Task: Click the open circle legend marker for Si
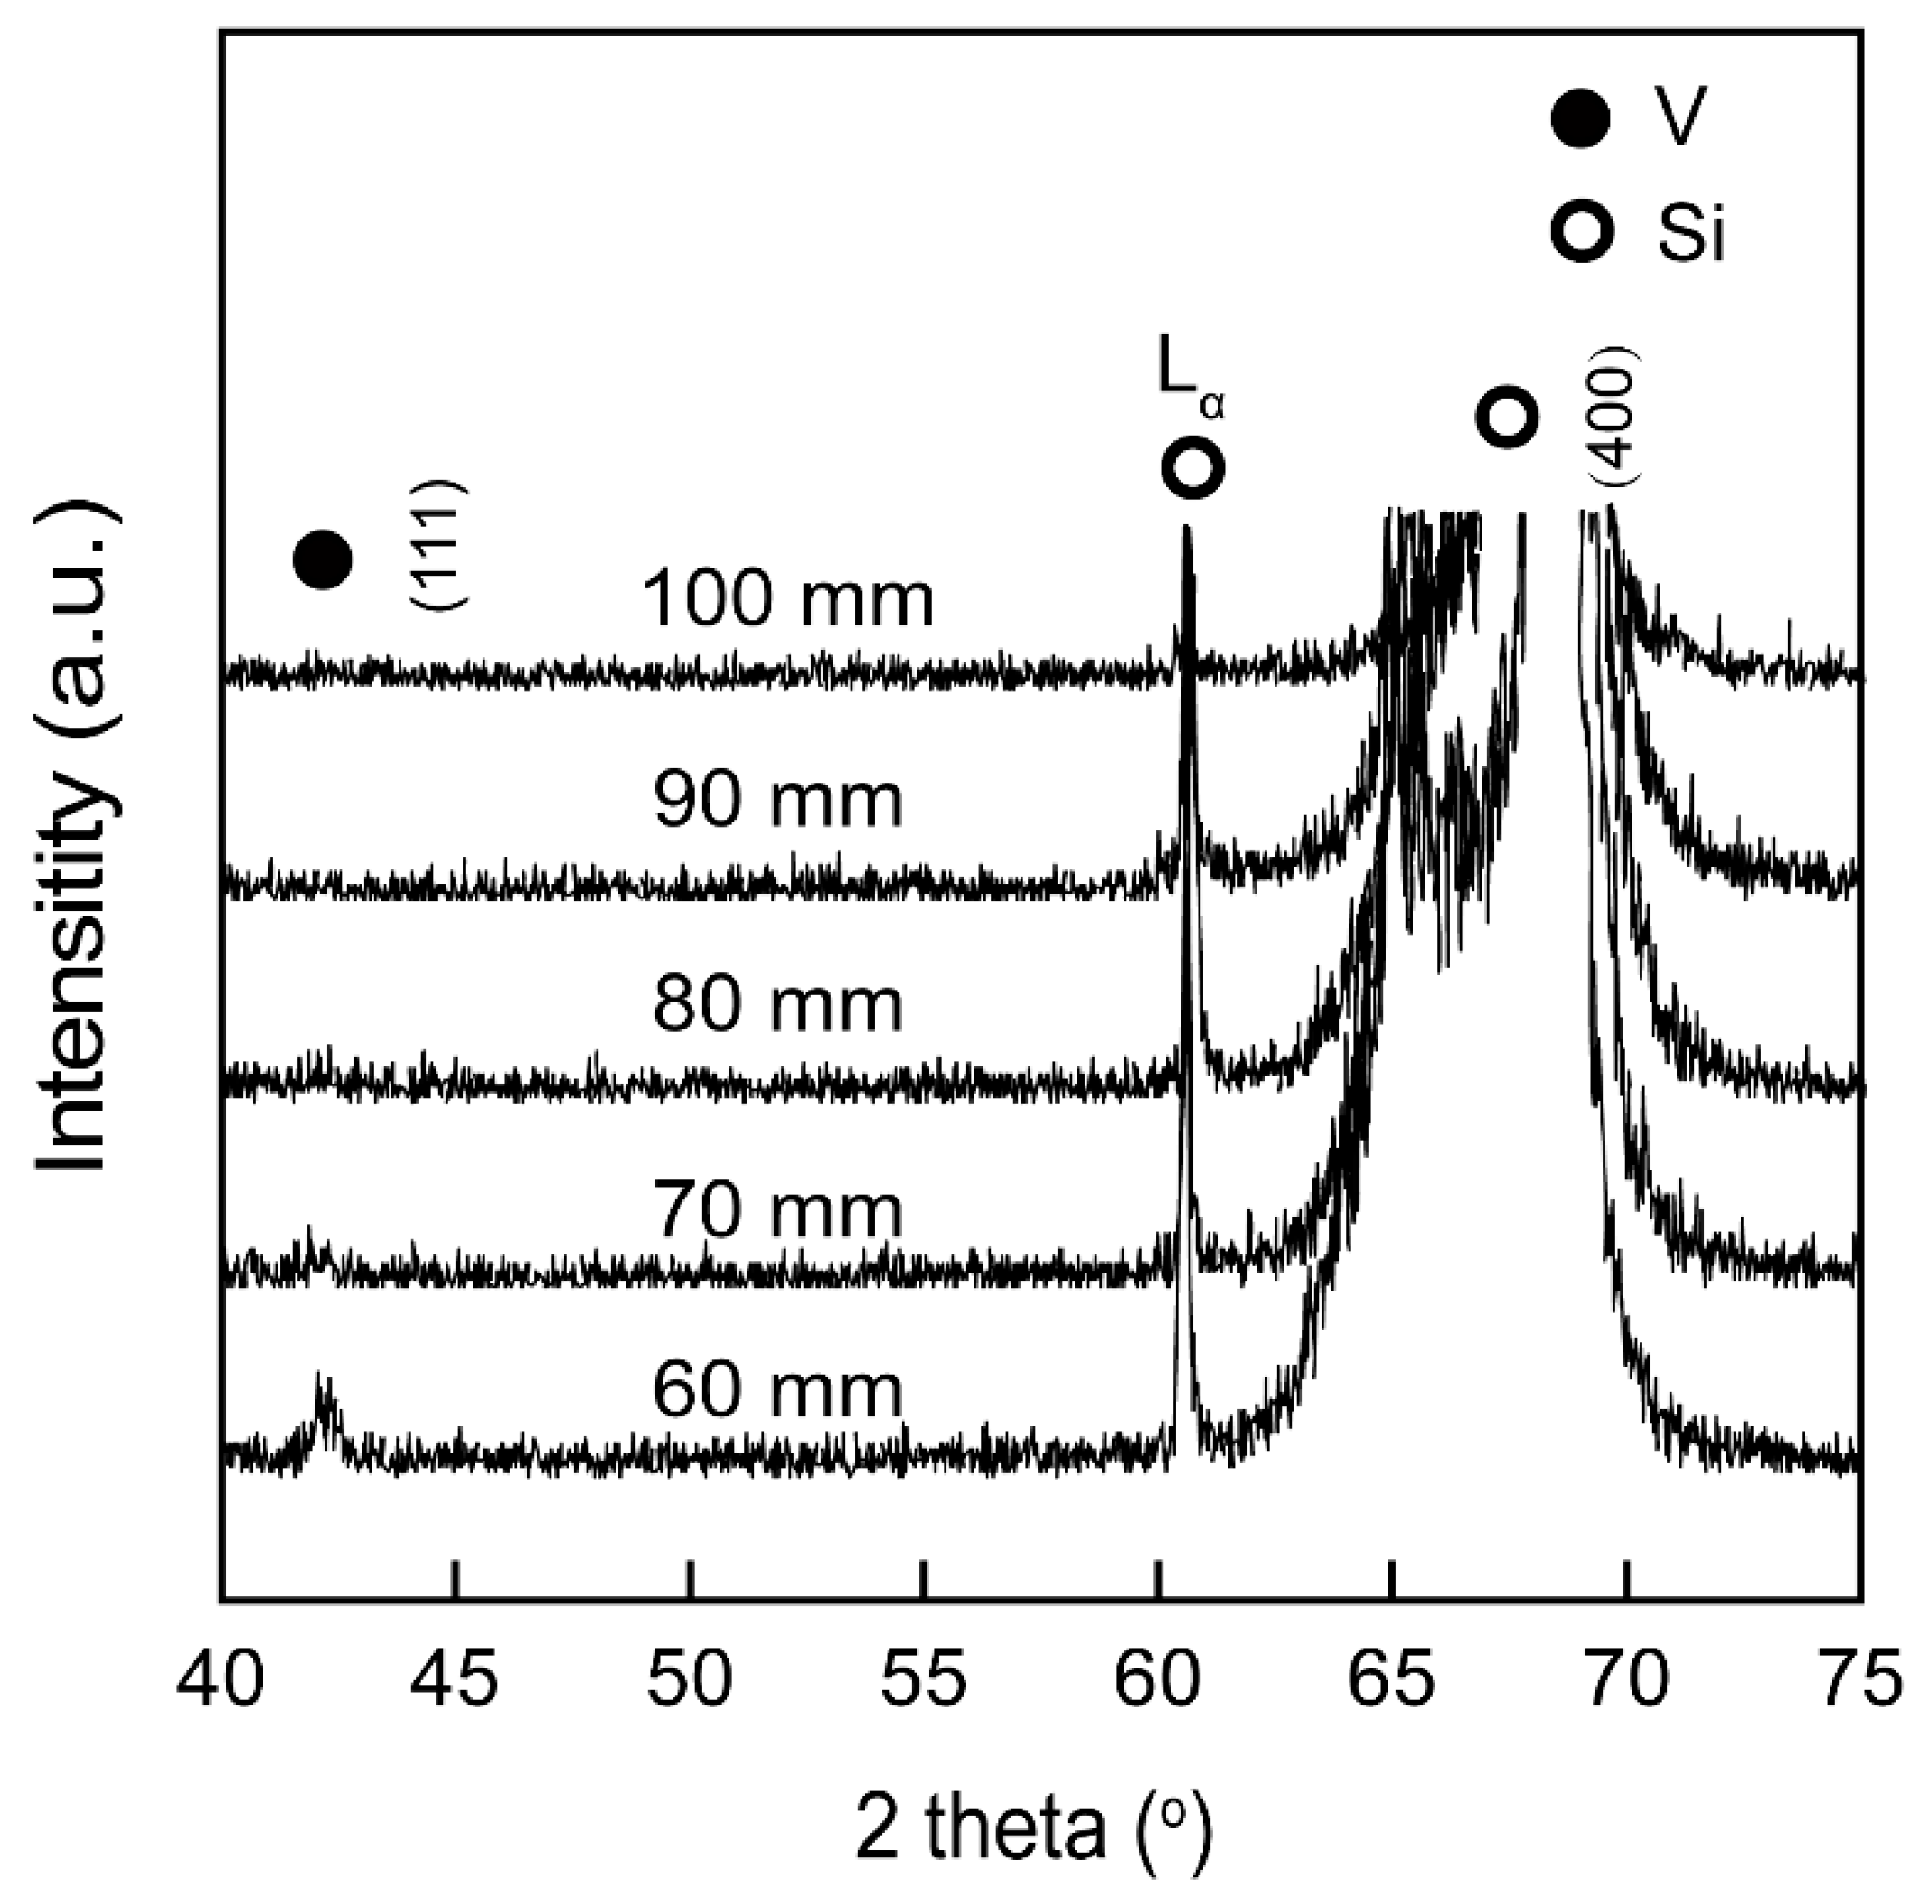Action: pos(1581,230)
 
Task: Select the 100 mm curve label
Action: pos(787,600)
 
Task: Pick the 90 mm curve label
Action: pos(777,801)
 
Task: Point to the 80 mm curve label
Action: pos(777,1005)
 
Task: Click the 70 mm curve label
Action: pos(777,1211)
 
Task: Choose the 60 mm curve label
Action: pos(777,1392)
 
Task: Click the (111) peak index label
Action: pos(437,544)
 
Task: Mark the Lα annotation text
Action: pos(1189,381)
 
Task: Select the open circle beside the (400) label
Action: pos(1507,418)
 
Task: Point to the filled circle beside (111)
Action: pos(323,559)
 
